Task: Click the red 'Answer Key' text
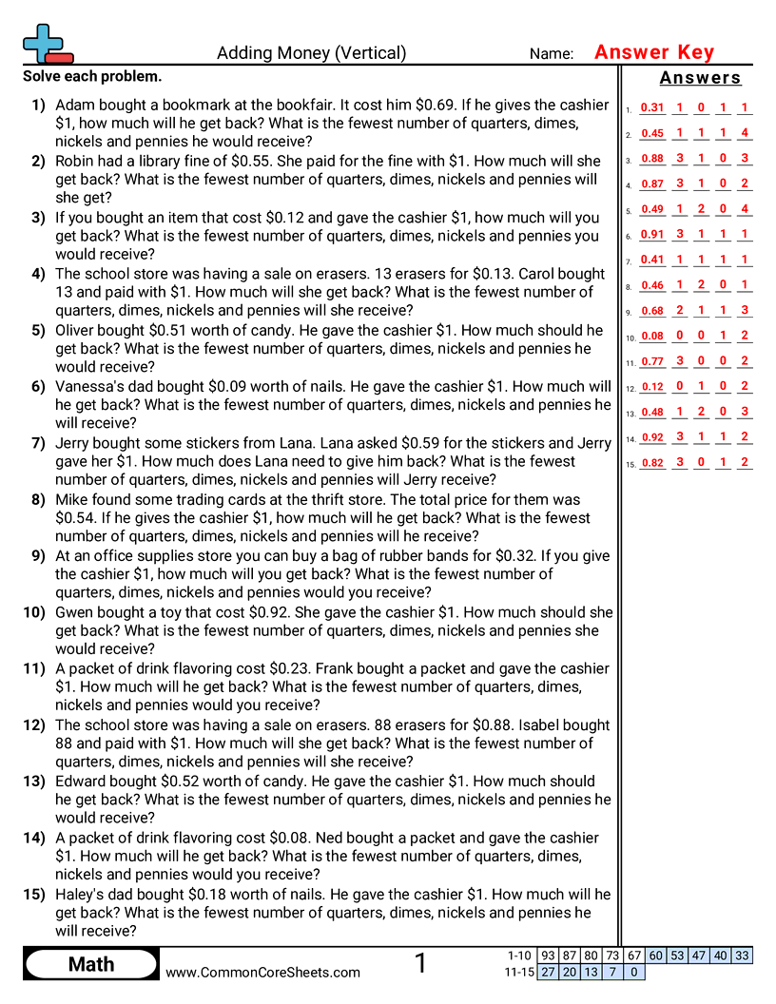click(x=653, y=52)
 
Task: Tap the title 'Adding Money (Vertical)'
click(x=311, y=53)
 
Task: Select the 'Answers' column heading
click(x=700, y=78)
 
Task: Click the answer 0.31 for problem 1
click(x=652, y=108)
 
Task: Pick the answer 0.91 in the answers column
click(x=652, y=235)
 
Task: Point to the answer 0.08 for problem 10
click(x=652, y=336)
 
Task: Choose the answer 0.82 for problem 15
click(x=652, y=463)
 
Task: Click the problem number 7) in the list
click(x=38, y=443)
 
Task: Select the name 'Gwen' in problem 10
click(x=75, y=612)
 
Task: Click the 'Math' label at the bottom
click(x=91, y=965)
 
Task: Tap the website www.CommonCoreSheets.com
click(x=263, y=973)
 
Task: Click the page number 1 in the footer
click(x=421, y=964)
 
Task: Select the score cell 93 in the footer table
click(x=549, y=956)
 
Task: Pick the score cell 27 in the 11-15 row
click(x=549, y=972)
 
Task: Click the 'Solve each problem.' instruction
click(x=92, y=76)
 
